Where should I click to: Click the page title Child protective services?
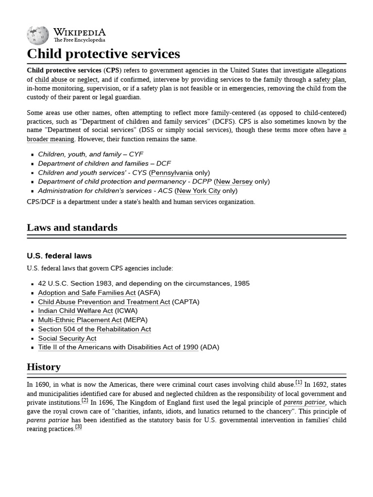[x=103, y=53]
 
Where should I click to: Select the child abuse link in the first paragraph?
[x=51, y=80]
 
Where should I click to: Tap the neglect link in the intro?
[x=87, y=80]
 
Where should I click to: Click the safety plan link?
[x=329, y=80]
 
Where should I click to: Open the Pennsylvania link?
[x=171, y=173]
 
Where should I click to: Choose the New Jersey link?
[x=234, y=182]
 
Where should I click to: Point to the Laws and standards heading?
[x=72, y=227]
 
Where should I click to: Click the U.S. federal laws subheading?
[x=59, y=256]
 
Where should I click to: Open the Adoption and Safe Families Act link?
[x=87, y=293]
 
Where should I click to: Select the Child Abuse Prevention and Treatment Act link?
[x=104, y=302]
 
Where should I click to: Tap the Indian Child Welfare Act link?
[x=75, y=311]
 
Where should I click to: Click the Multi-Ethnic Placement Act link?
[x=80, y=320]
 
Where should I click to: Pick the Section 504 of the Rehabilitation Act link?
[x=94, y=329]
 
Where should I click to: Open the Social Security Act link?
[x=67, y=338]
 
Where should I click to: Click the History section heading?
[x=44, y=366]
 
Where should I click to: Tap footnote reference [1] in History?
[x=299, y=382]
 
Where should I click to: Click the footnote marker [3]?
[x=78, y=427]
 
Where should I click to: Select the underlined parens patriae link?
[x=305, y=402]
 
